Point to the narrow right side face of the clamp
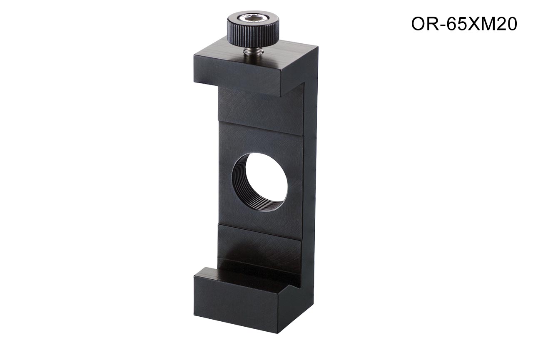311,181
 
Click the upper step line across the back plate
261,129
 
